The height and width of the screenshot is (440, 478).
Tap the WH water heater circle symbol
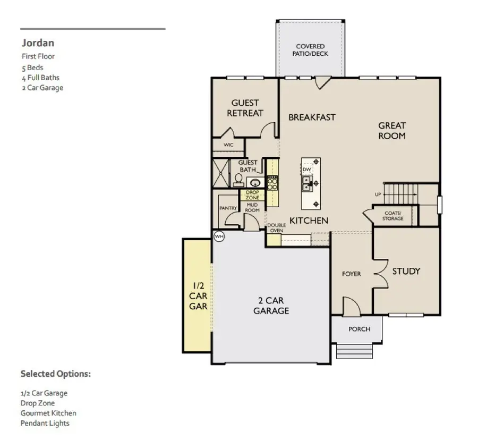(x=218, y=236)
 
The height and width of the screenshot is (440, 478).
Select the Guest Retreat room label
(x=245, y=108)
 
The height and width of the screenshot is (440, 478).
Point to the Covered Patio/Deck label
(x=310, y=50)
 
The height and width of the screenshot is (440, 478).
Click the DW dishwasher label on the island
(x=306, y=169)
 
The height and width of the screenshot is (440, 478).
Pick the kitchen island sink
(x=306, y=184)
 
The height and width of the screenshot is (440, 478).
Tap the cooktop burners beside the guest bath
(x=272, y=183)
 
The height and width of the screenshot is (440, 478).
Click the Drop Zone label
(x=252, y=195)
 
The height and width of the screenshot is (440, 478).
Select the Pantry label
(x=228, y=208)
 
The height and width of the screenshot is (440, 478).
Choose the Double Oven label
(x=276, y=228)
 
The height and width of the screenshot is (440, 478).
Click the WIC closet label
(x=228, y=145)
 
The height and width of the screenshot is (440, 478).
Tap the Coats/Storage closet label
(x=392, y=216)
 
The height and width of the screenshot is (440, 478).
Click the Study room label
(x=406, y=271)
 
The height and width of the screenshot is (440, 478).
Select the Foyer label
(x=351, y=274)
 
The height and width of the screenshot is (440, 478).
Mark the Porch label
(x=359, y=329)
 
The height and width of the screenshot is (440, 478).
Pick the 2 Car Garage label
(x=271, y=306)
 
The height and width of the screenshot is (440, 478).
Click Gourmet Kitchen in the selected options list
(x=48, y=413)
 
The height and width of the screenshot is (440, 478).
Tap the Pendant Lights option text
(x=45, y=423)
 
